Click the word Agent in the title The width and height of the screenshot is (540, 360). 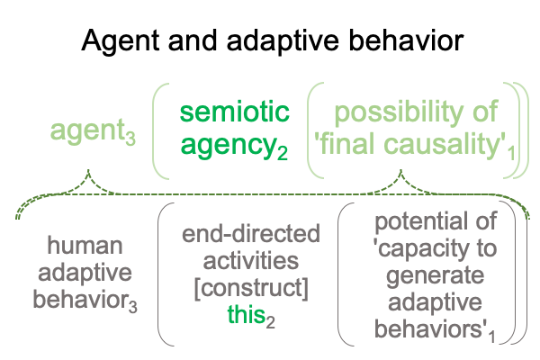click(121, 41)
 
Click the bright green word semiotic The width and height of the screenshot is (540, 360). click(235, 112)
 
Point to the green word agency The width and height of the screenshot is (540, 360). click(229, 146)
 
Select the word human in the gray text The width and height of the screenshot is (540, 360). click(85, 246)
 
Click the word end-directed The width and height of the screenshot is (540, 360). click(251, 234)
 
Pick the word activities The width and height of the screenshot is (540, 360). click(251, 261)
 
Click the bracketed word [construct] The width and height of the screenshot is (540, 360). click(251, 288)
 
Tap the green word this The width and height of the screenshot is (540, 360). click(246, 314)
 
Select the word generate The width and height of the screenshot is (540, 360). click(436, 276)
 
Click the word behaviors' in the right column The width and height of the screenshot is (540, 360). click(431, 328)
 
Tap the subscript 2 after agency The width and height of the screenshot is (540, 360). click(282, 153)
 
